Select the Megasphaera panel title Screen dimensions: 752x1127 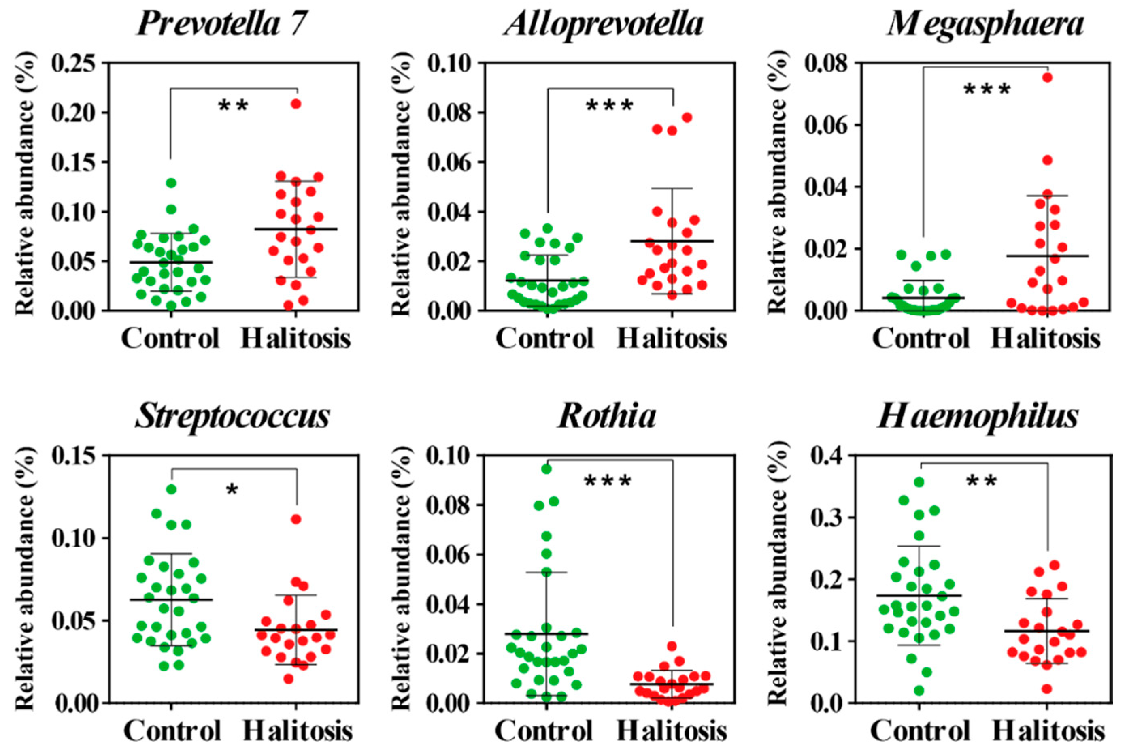(985, 24)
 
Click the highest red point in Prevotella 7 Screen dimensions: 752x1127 (296, 104)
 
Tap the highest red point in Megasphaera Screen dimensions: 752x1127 (1047, 77)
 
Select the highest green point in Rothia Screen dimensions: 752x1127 (546, 469)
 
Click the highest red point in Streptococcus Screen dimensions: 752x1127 (296, 519)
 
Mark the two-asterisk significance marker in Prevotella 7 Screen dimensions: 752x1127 (234, 106)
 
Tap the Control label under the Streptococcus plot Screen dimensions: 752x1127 (172, 731)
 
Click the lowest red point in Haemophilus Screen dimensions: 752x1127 (1047, 689)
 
